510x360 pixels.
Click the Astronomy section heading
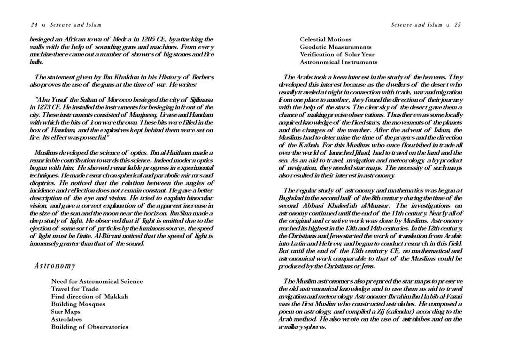pos(55,266)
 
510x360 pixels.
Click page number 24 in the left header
pos(34,24)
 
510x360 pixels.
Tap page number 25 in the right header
pos(457,24)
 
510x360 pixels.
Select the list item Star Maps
pos(65,312)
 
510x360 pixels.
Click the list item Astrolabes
pos(66,319)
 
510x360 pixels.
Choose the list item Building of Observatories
pos(89,327)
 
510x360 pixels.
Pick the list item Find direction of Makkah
pos(89,297)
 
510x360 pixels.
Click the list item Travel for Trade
pos(75,289)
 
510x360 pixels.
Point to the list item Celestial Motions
pos(325,39)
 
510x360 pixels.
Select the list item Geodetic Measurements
pos(335,47)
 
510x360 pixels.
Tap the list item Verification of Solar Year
pos(337,54)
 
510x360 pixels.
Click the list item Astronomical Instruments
pos(338,62)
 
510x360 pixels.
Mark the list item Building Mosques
pos(78,304)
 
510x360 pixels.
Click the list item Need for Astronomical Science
pos(97,282)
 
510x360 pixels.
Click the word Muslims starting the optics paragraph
pos(46,153)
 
